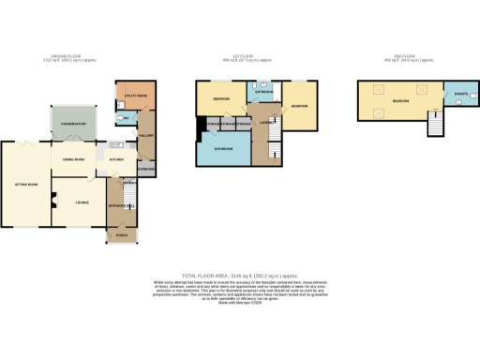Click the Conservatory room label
point(71,125)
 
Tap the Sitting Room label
point(24,186)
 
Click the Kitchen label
point(118,160)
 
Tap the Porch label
point(122,235)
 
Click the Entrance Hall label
point(122,205)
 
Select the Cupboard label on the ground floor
point(147,169)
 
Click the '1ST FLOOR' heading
point(238,56)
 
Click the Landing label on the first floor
point(268,122)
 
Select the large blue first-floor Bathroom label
point(224,149)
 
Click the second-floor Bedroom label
point(400,99)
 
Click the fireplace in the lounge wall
point(53,198)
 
